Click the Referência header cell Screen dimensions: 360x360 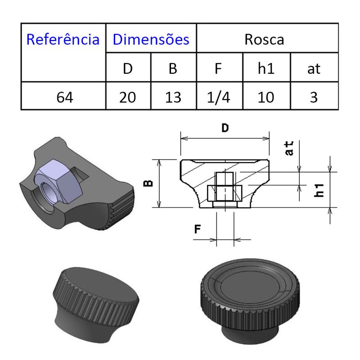pyautogui.click(x=63, y=39)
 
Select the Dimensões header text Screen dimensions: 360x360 pyautogui.click(x=151, y=39)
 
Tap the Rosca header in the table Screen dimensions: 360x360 pyautogui.click(x=264, y=39)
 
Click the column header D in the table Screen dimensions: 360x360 pyautogui.click(x=128, y=68)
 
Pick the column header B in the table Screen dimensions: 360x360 pyautogui.click(x=173, y=68)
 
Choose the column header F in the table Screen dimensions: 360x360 pyautogui.click(x=219, y=68)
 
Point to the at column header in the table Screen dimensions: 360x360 pyautogui.click(x=314, y=68)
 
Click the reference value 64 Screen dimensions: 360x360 pyautogui.click(x=63, y=97)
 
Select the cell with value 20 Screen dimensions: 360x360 pyautogui.click(x=128, y=97)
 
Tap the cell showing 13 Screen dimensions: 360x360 pyautogui.click(x=173, y=97)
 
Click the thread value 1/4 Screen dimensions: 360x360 pyautogui.click(x=219, y=97)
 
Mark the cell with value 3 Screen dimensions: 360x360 pyautogui.click(x=314, y=97)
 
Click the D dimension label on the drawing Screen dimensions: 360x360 pyautogui.click(x=225, y=128)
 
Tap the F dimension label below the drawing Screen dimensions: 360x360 pyautogui.click(x=198, y=229)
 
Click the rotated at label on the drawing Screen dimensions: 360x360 pyautogui.click(x=289, y=148)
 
